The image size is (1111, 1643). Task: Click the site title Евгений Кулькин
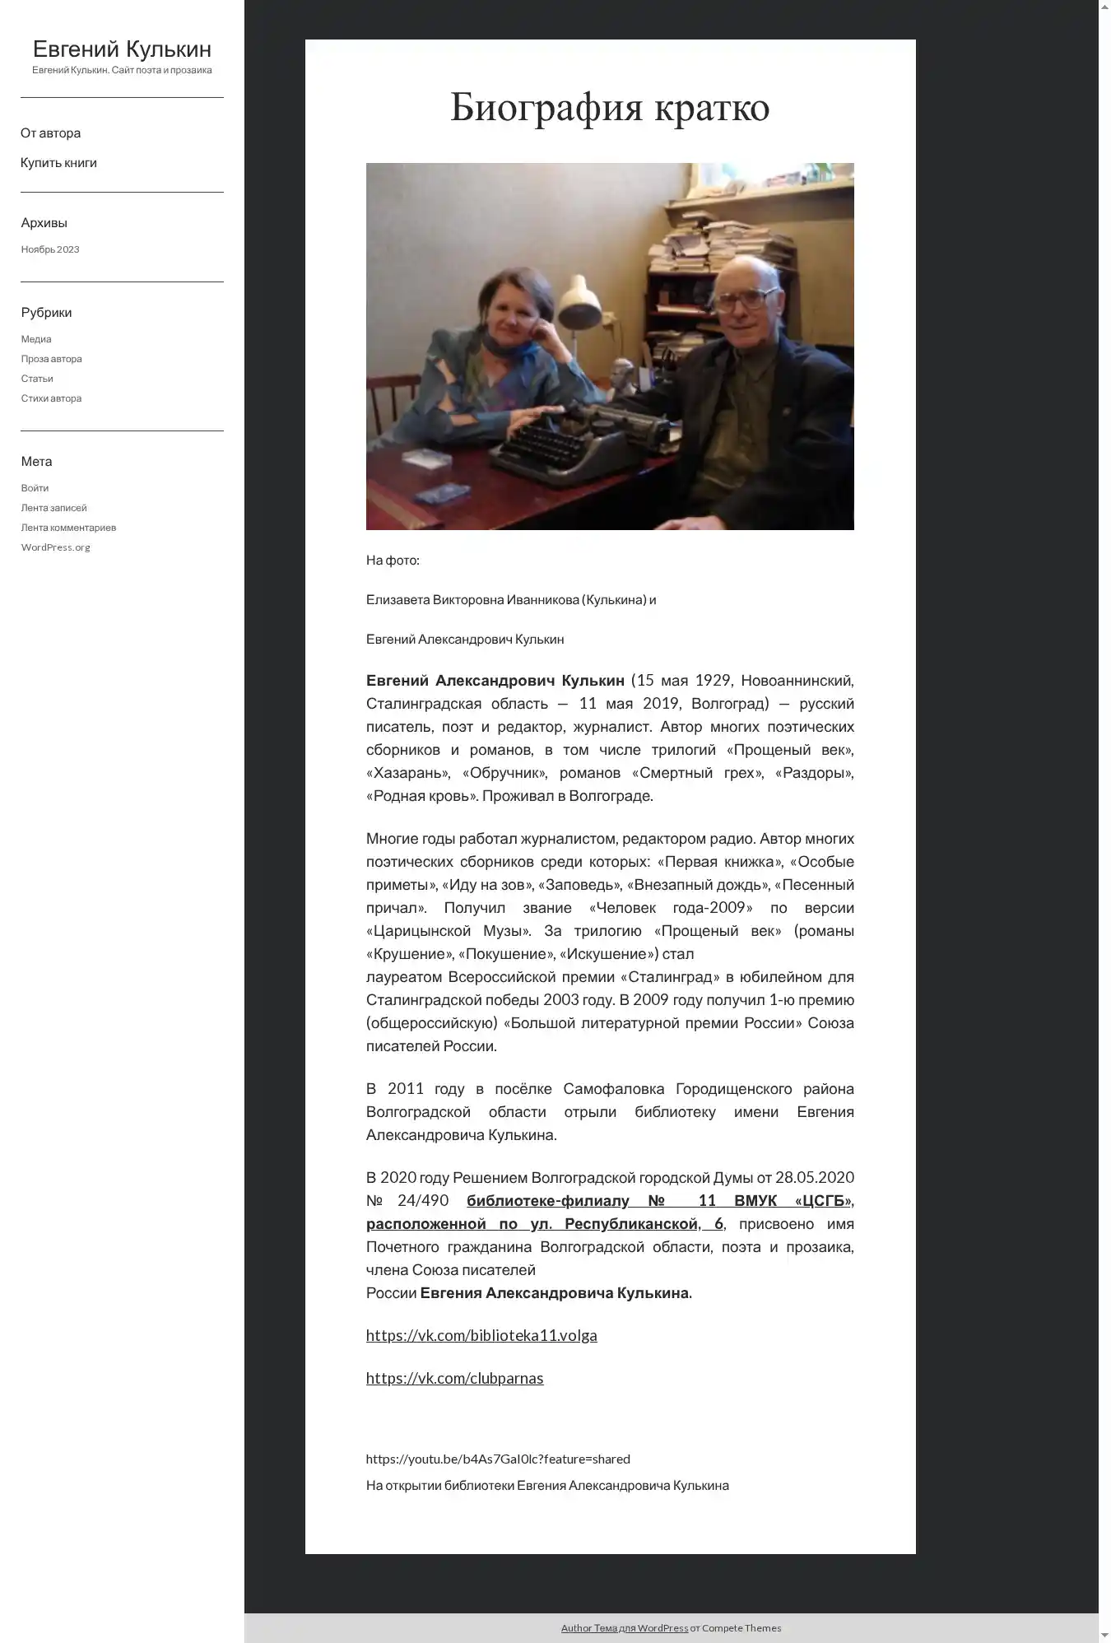(122, 49)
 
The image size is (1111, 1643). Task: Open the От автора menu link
(50, 133)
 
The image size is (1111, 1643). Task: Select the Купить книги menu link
(58, 163)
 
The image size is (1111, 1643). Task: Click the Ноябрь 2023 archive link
(50, 249)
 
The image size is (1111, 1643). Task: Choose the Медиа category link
(36, 339)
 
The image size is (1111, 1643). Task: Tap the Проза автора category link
(51, 359)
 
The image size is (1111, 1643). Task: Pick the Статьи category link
(37, 379)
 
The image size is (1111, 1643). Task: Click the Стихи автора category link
(51, 398)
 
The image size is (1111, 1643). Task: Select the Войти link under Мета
(35, 488)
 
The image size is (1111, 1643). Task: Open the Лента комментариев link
(68, 528)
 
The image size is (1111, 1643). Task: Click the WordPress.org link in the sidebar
(55, 547)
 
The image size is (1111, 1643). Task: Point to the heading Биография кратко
(610, 107)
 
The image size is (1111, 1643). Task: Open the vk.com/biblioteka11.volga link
(481, 1335)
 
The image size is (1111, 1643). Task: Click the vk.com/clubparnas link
(454, 1378)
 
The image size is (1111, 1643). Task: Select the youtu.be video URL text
(498, 1459)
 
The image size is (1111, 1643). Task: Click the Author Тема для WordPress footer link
(624, 1627)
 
